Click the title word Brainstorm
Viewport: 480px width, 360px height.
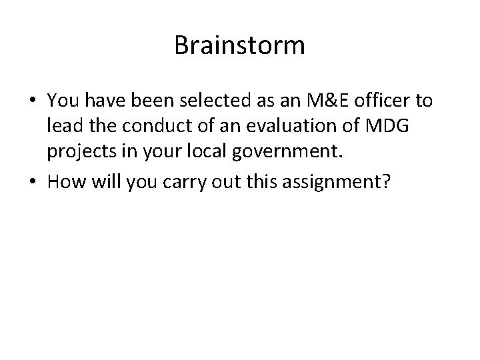(239, 46)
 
